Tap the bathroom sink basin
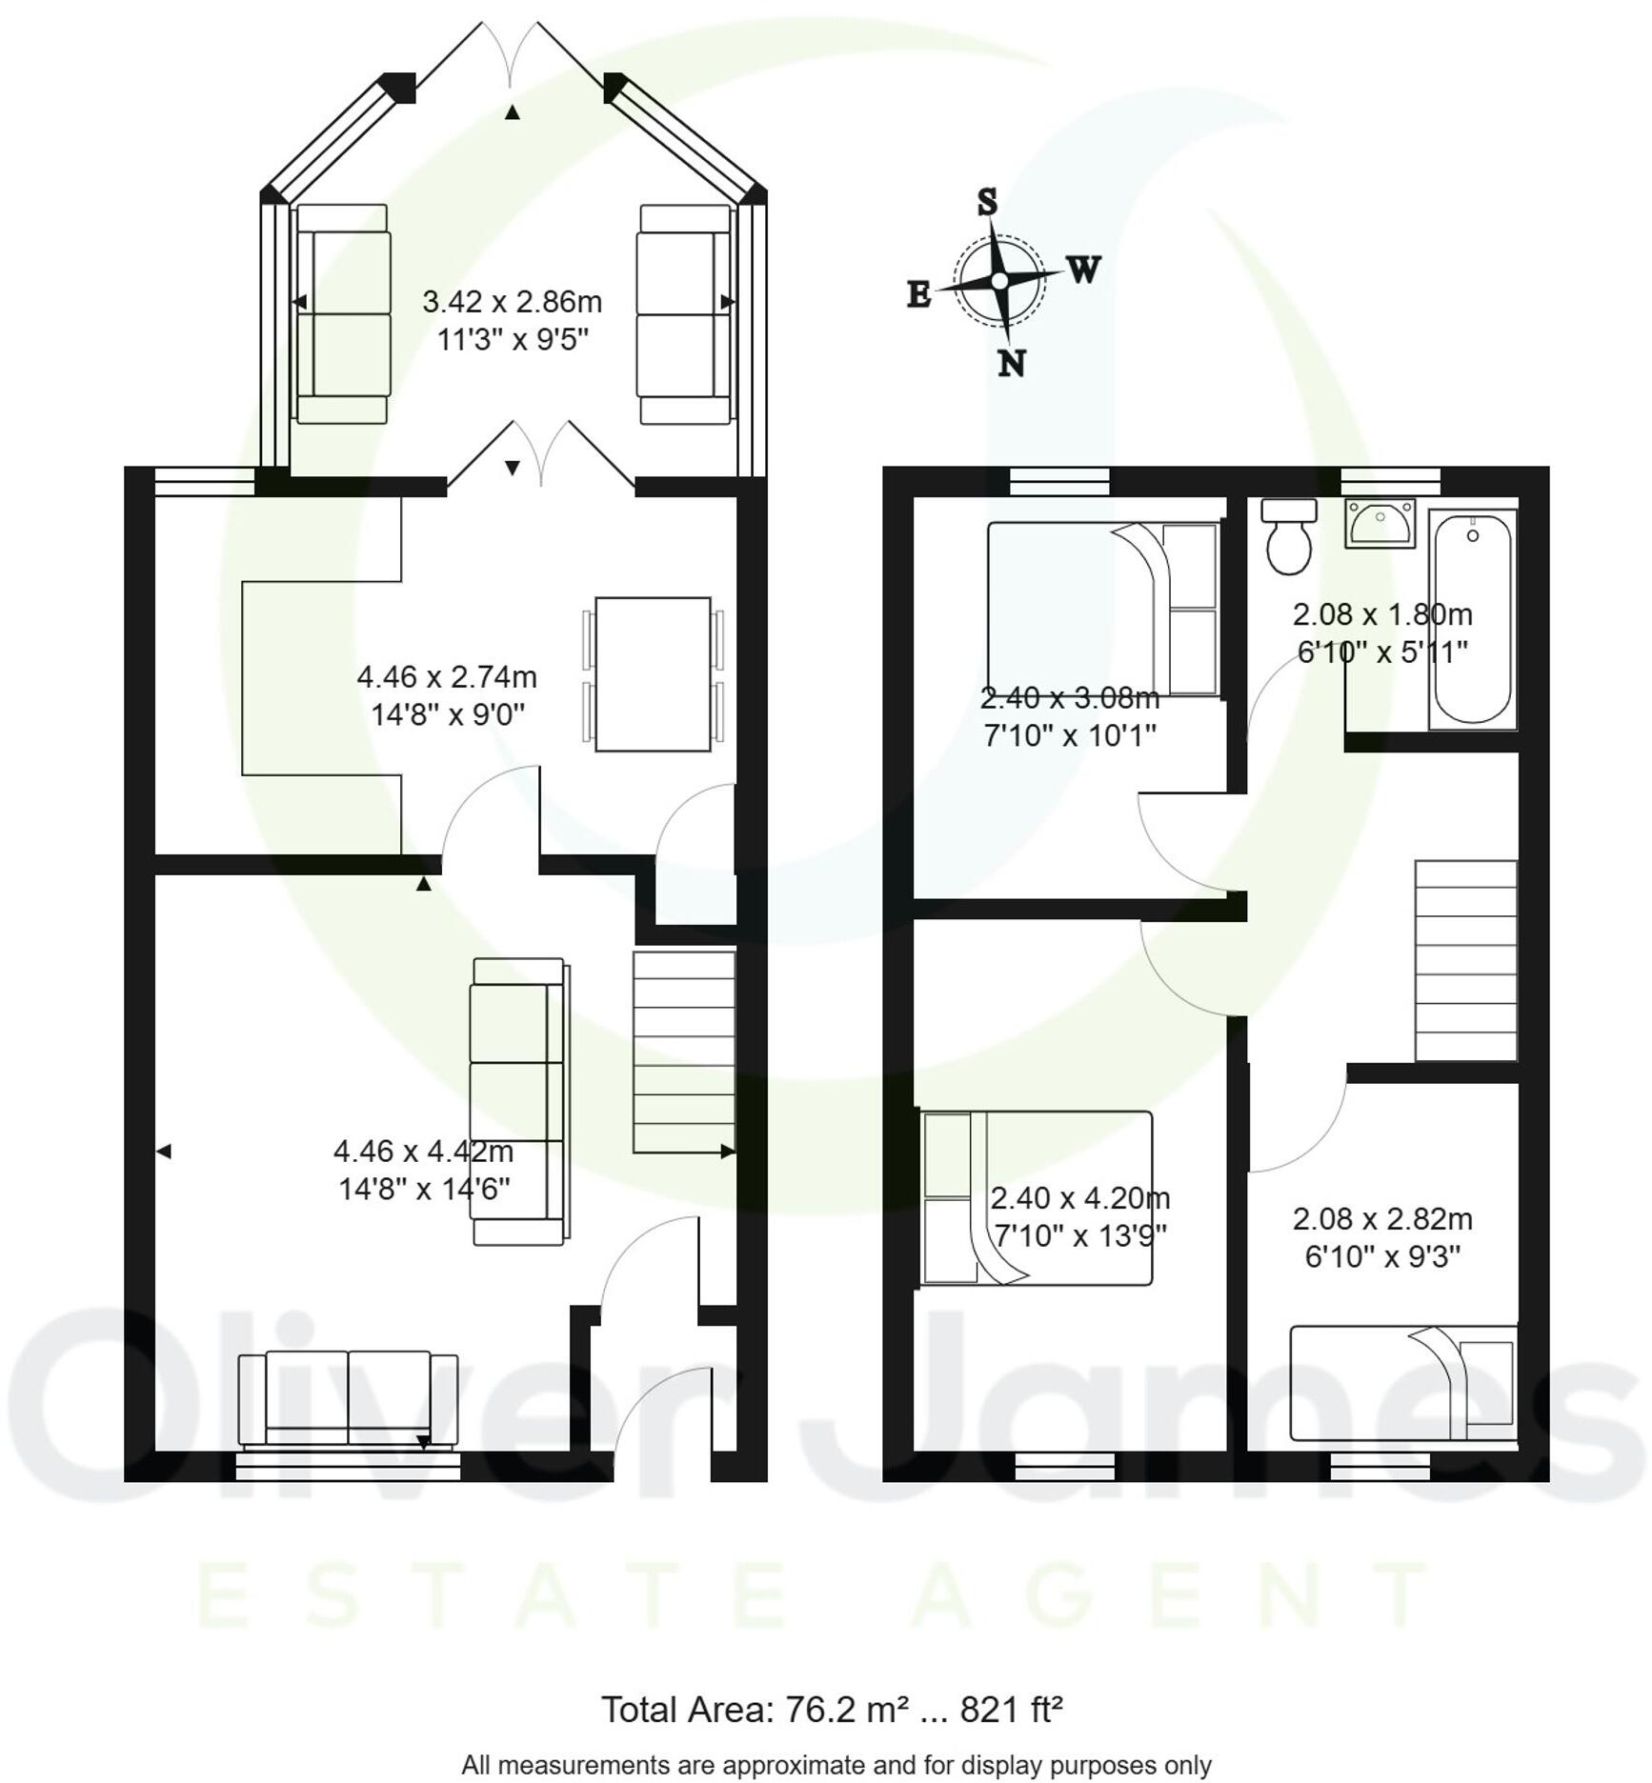tap(1380, 523)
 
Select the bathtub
tap(1472, 619)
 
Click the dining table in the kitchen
tap(653, 673)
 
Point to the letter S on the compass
tap(988, 202)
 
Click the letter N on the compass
tap(1012, 363)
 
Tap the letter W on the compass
tap(1083, 270)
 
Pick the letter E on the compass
tap(918, 294)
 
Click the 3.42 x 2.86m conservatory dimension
tap(512, 302)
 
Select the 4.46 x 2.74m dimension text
tap(447, 677)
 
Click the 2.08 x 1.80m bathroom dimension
tap(1382, 614)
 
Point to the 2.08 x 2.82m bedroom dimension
tap(1382, 1218)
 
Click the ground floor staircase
tap(683, 1052)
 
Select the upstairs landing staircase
tap(1465, 960)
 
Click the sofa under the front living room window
tap(348, 1397)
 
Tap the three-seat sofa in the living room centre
tap(518, 1101)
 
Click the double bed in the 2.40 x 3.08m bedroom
tap(1102, 609)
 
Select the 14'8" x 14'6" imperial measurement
tap(424, 1189)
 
